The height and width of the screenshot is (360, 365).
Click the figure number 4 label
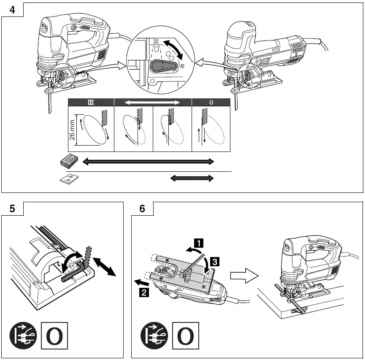pos(12,10)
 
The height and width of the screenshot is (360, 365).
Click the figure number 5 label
pos(12,208)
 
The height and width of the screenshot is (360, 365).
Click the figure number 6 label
pos(142,208)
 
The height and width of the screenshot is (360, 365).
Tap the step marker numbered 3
pos(214,262)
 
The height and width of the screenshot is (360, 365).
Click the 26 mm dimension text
pos(72,129)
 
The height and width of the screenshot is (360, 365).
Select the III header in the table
pos(91,102)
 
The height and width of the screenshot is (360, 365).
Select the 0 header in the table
pos(211,102)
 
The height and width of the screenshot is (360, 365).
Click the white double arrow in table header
pos(153,102)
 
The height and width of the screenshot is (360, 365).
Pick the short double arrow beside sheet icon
pos(192,179)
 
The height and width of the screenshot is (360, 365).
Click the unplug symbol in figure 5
pos(24,336)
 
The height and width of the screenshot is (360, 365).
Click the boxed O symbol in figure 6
pos(185,336)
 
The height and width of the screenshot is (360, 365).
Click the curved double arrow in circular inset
pos(175,50)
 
